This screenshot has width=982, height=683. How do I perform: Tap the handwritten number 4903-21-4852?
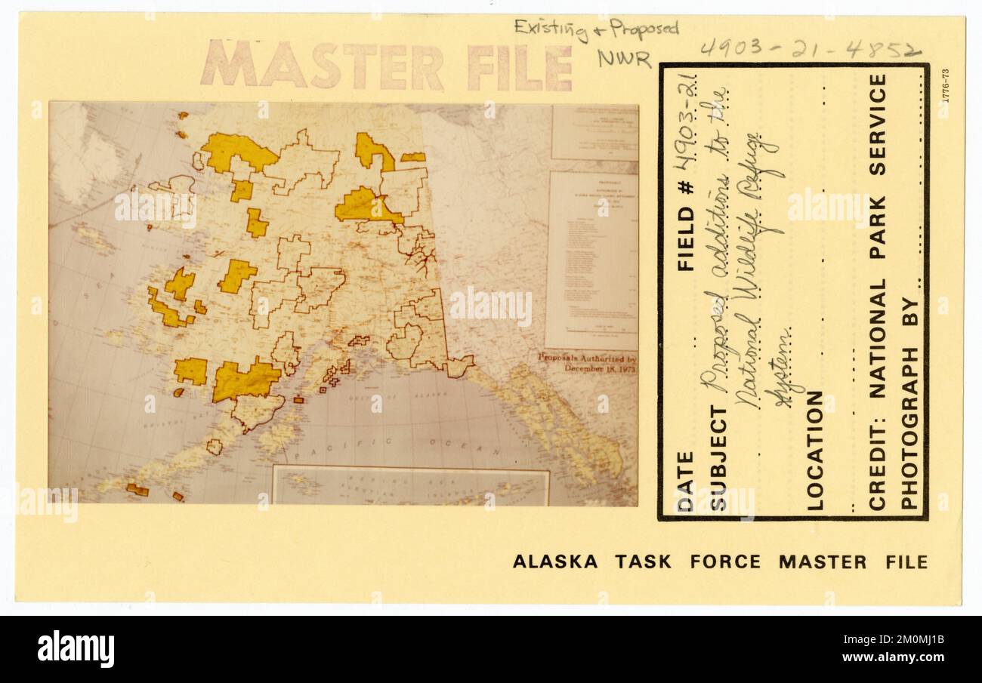point(809,50)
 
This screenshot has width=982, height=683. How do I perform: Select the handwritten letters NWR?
point(623,58)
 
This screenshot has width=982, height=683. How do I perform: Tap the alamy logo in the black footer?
point(76,648)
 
